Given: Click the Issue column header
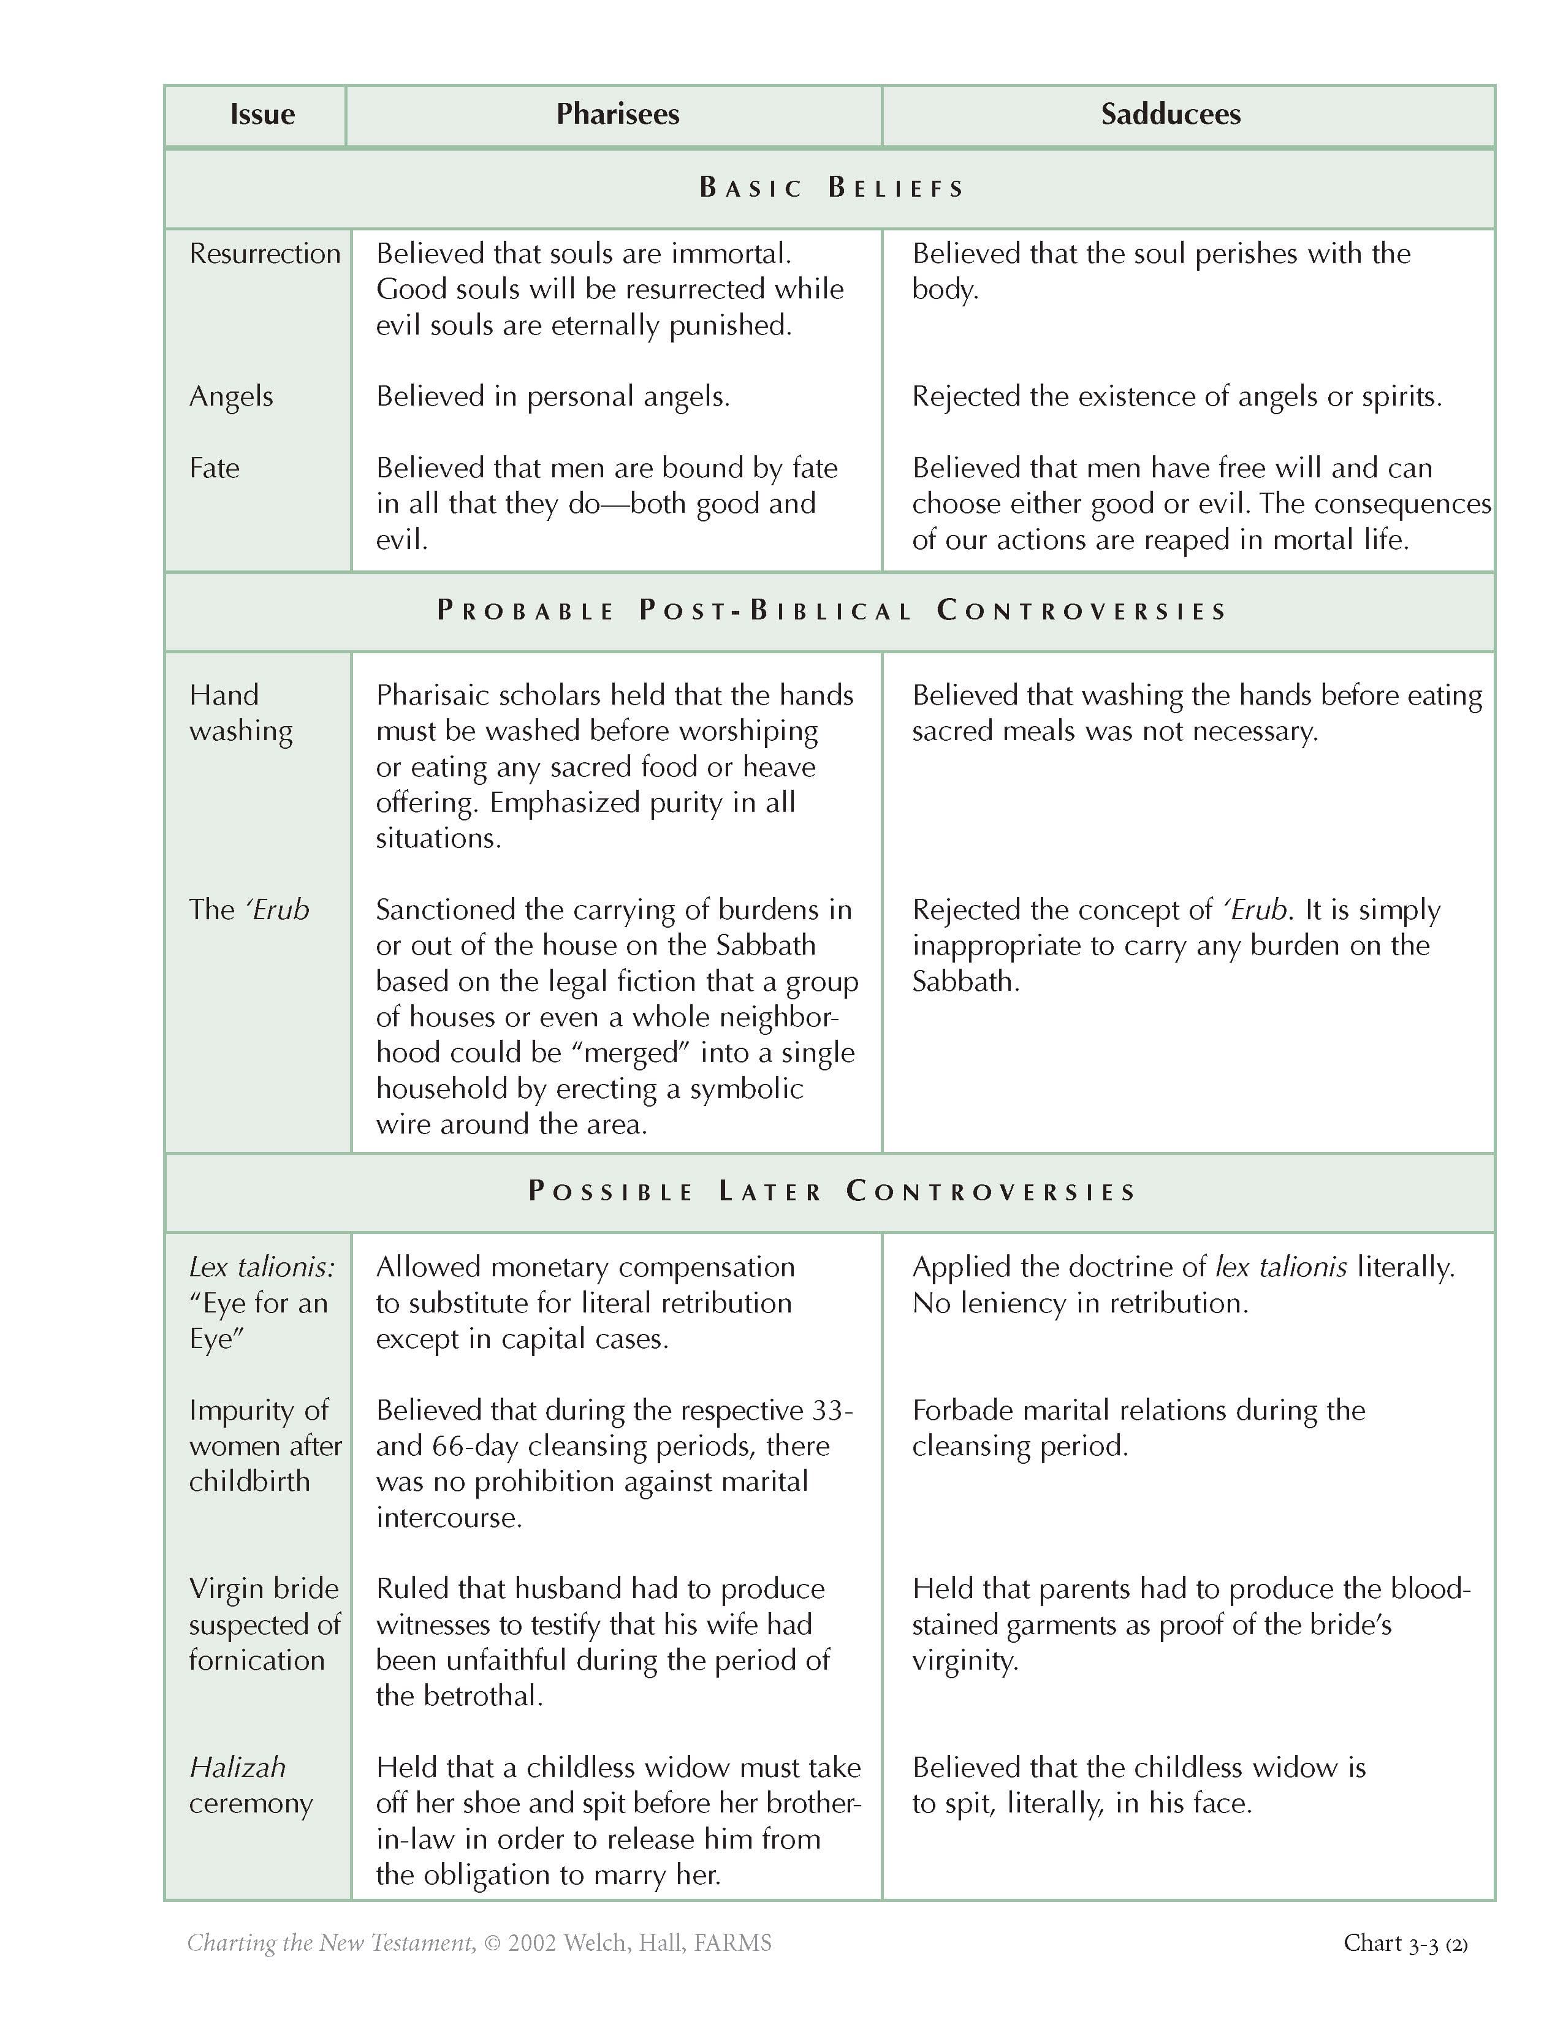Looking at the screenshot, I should (x=262, y=114).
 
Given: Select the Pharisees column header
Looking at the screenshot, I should (x=618, y=114).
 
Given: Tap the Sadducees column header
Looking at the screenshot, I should (x=1170, y=114).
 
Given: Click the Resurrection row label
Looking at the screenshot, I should (x=265, y=254).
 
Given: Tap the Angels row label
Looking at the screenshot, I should (x=230, y=396).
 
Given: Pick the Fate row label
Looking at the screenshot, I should (x=214, y=468).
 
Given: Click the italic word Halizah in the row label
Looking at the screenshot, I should (x=237, y=1767).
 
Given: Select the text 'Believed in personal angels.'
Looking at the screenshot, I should (x=553, y=396).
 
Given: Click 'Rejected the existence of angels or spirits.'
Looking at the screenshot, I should (x=1177, y=396).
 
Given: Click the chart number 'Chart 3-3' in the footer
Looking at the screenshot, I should (x=1391, y=1944).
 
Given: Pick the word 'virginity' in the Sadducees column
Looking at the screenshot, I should (x=964, y=1661).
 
